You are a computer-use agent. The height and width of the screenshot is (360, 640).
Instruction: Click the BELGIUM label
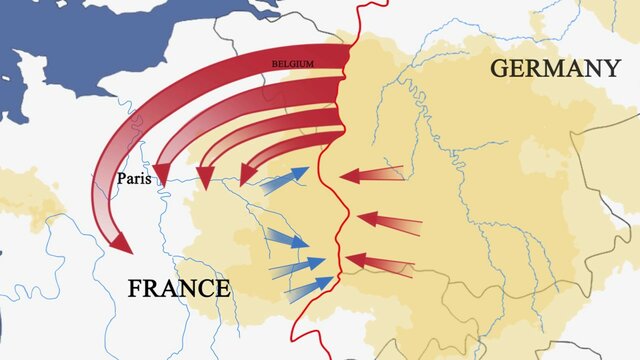(293, 64)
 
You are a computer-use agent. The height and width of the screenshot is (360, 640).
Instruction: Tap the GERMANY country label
(555, 69)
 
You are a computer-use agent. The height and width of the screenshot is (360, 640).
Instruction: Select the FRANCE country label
(179, 289)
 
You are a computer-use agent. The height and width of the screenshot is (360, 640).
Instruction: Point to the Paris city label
(134, 179)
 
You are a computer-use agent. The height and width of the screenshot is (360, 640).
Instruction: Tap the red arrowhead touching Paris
(159, 173)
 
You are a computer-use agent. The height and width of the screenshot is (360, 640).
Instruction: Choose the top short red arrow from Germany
(370, 175)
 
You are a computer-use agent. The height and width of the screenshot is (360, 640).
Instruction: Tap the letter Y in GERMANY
(610, 69)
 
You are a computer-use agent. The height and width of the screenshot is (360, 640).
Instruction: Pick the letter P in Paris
(121, 179)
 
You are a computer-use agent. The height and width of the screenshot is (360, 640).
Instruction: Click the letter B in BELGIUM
(275, 64)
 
